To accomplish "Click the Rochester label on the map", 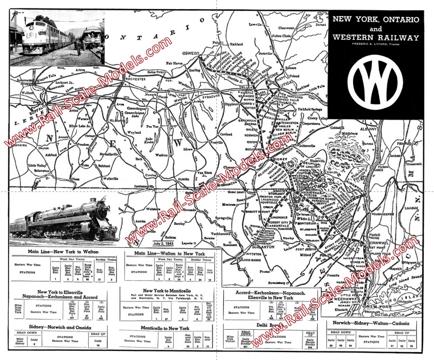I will pyautogui.click(x=137, y=79).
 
